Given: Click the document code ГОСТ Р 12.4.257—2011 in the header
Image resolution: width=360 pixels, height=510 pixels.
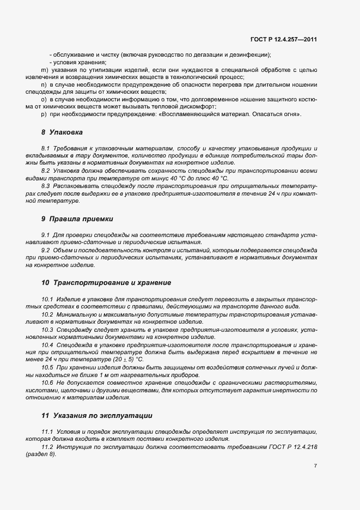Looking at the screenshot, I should coord(283,39).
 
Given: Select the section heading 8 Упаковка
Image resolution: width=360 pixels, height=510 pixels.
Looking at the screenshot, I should coord(61,132).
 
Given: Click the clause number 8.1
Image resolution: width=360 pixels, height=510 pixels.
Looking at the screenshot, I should coord(46,148).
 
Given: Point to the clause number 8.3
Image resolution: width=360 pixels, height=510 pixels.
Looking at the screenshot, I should coord(46,186).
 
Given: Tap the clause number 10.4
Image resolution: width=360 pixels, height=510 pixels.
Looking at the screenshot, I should coord(47,345).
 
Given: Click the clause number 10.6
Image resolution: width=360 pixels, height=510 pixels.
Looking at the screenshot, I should coord(47,383).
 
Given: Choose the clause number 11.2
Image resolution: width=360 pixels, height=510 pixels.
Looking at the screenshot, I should coord(47,447).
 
